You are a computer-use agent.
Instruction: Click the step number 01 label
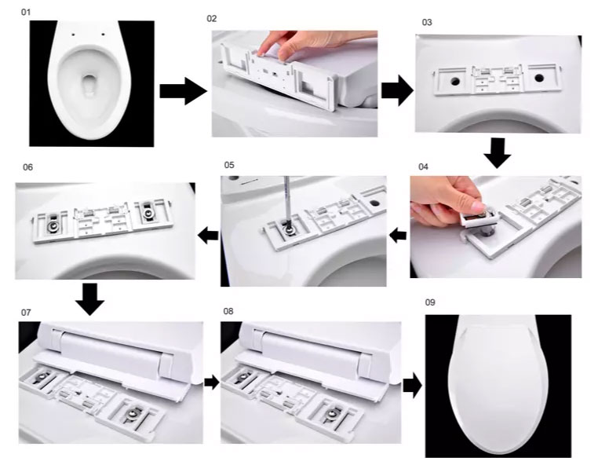coord(25,13)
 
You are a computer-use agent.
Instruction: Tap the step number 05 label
coord(229,165)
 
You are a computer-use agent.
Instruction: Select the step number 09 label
coord(430,302)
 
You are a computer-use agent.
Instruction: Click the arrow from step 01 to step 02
coord(183,91)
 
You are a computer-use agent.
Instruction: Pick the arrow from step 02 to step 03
coord(397,90)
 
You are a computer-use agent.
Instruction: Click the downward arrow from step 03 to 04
coord(498,152)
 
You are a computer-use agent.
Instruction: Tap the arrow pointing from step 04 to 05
coord(398,235)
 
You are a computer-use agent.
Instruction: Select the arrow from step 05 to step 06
coord(208,235)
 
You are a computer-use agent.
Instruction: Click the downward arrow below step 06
coord(89,299)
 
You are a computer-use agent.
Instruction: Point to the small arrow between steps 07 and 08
coord(212,382)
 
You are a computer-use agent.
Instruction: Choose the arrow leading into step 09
coord(413,386)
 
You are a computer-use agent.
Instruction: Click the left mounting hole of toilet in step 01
coord(74,35)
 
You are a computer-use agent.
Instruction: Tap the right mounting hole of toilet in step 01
coord(104,35)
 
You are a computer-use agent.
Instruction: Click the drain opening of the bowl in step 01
coord(89,84)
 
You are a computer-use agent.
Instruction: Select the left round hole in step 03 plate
coord(455,81)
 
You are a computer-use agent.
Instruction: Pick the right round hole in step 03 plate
coord(538,79)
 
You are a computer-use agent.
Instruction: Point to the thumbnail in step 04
coord(477,206)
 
